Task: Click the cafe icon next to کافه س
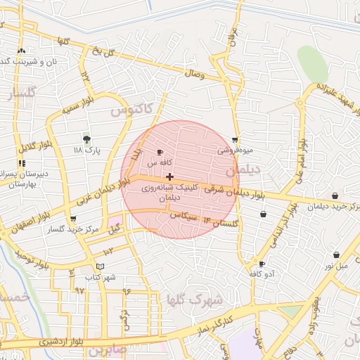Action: coord(160,152)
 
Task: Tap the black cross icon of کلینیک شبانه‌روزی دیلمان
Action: coord(169,176)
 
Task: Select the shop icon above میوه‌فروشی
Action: coord(234,139)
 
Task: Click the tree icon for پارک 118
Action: coord(86,139)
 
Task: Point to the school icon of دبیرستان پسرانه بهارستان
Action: coord(21,164)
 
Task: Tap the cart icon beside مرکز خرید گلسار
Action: coord(73,219)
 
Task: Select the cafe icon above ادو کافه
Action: coord(262,264)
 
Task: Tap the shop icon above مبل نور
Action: coord(336,255)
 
